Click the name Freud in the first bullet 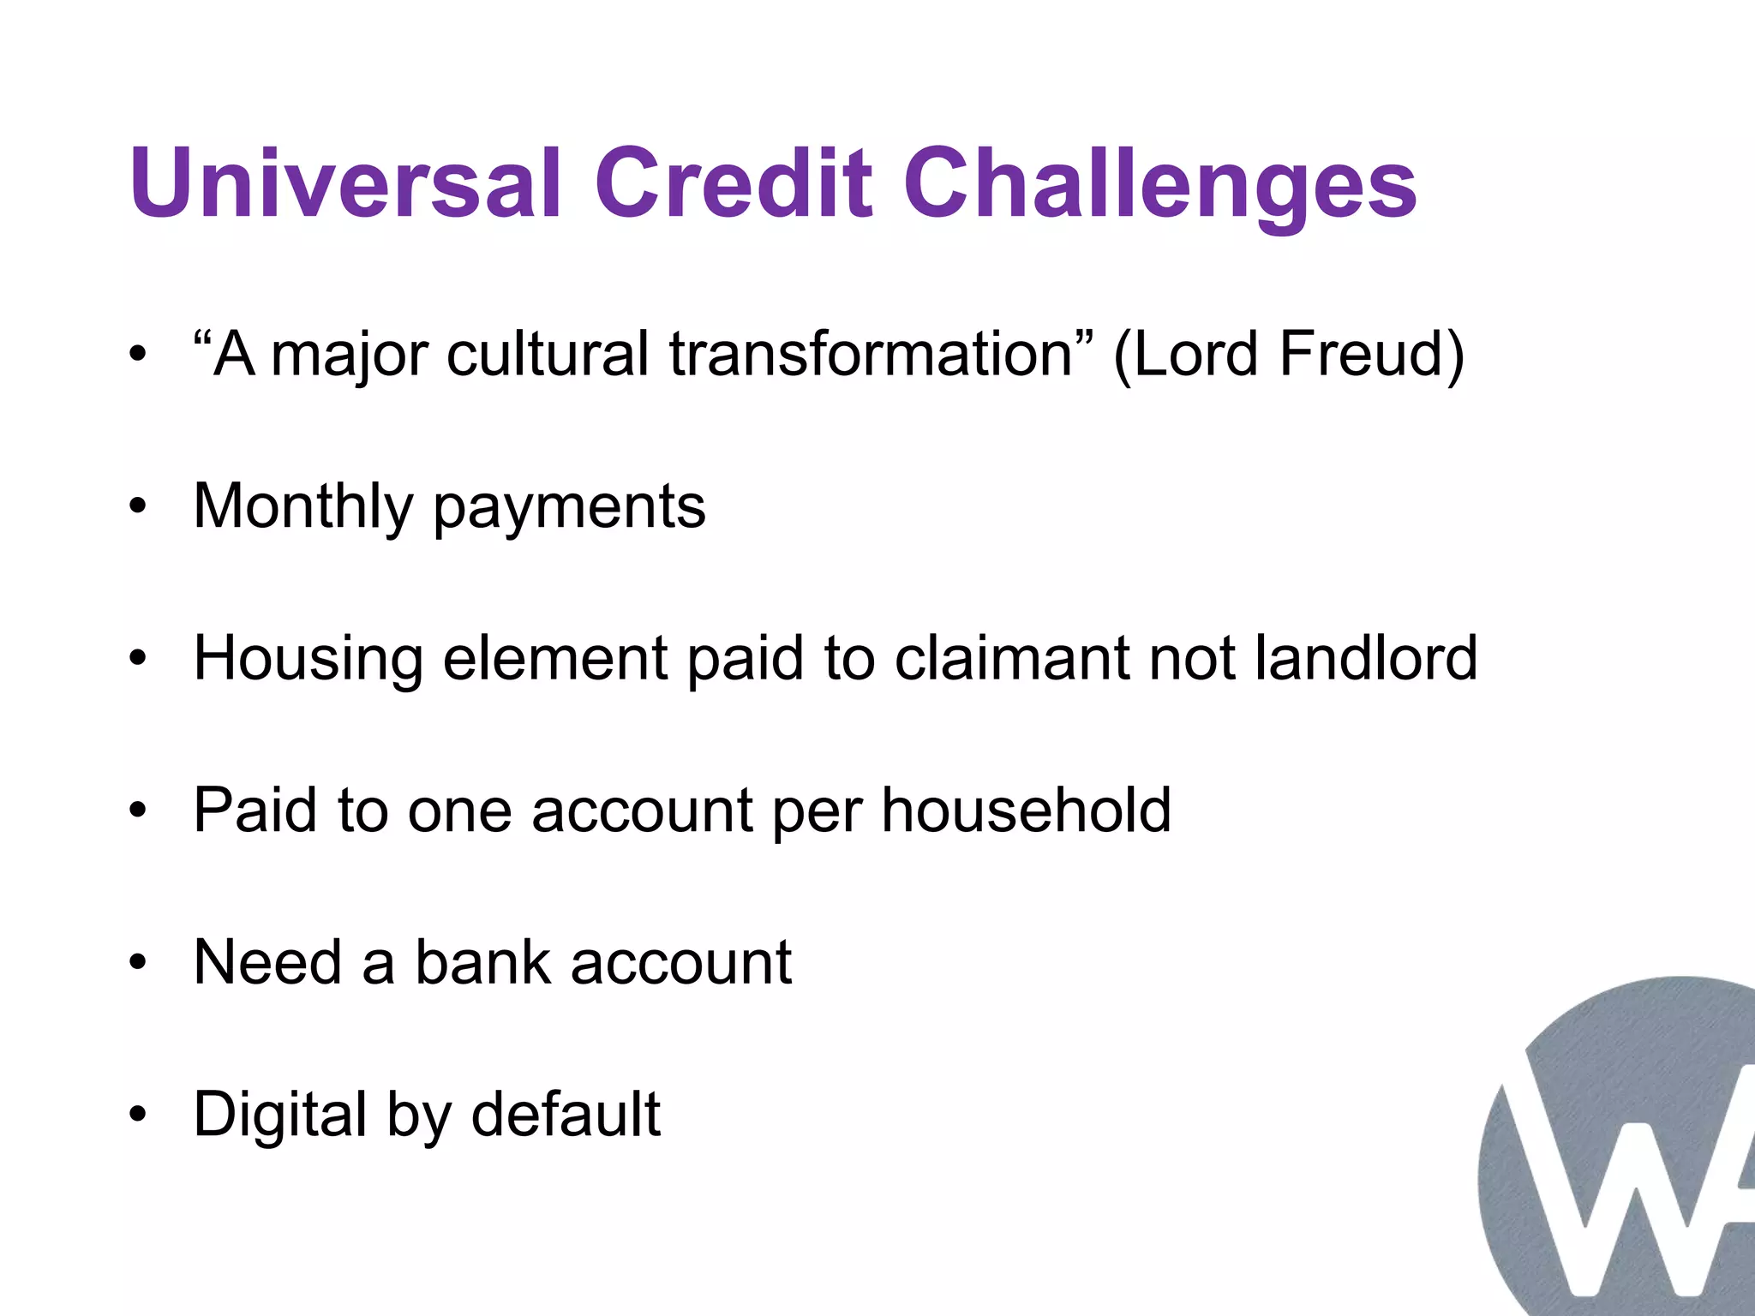(1371, 354)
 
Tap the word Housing (308, 660)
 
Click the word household (1026, 810)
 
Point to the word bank (482, 962)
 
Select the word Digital (279, 1116)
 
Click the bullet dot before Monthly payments (138, 507)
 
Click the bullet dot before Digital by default (138, 1115)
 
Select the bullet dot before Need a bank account (138, 963)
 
